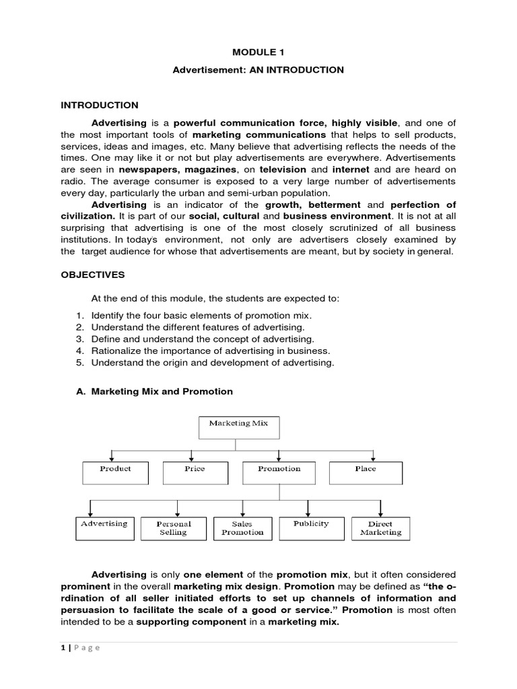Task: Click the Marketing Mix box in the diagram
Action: point(238,427)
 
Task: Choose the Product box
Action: point(115,472)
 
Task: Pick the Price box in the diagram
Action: point(195,472)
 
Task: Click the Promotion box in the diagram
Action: point(279,472)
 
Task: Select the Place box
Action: point(366,472)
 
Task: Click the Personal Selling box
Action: point(174,528)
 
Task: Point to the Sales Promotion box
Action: point(242,528)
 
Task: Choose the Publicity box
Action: point(311,528)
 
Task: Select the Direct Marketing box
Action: point(380,528)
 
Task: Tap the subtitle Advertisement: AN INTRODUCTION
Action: point(258,70)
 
